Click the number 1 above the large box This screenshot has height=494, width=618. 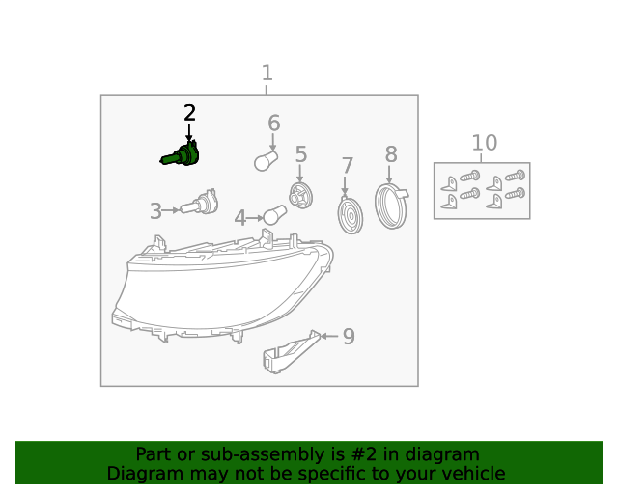267,72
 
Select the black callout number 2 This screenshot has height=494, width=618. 189,113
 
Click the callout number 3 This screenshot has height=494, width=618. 155,211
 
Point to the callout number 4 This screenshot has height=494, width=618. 240,219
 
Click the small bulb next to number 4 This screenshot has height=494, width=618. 276,215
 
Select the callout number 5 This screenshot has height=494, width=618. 300,154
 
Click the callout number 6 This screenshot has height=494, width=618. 273,123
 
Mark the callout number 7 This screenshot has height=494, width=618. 347,166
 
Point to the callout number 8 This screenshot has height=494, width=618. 390,154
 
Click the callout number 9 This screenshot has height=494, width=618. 349,337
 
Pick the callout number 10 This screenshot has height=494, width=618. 484,144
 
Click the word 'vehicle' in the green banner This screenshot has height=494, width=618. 472,473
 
